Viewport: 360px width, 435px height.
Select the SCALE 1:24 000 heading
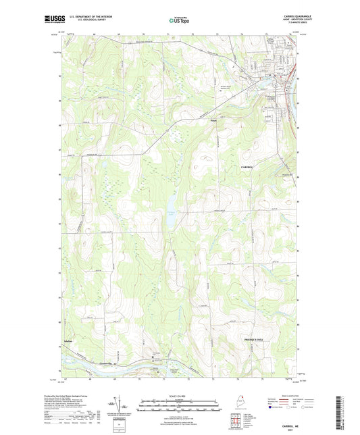point(180,396)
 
